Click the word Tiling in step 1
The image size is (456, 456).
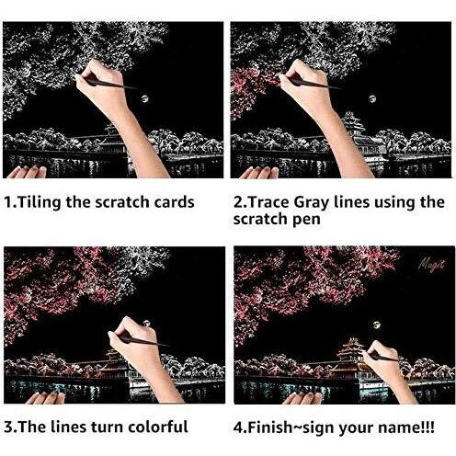click(39, 202)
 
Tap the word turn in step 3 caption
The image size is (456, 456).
click(107, 427)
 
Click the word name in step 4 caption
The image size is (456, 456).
click(399, 428)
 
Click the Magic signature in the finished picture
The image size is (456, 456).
click(432, 264)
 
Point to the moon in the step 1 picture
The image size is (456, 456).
click(144, 98)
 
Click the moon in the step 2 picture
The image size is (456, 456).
click(372, 98)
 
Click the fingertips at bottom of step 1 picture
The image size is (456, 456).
click(27, 172)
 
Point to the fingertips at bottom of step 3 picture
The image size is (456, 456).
click(46, 398)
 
